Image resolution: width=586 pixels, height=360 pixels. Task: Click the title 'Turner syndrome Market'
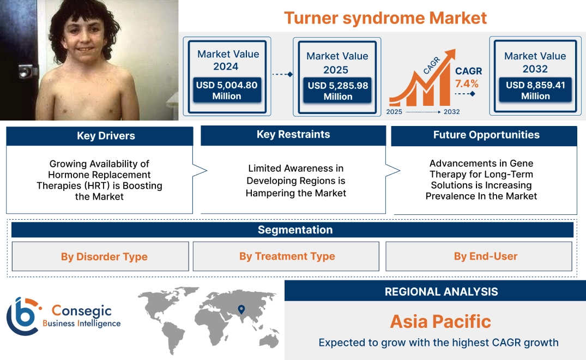[x=385, y=17]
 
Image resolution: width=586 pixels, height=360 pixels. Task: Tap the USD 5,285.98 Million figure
[x=337, y=91]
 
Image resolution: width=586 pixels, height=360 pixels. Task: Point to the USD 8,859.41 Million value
[x=535, y=91]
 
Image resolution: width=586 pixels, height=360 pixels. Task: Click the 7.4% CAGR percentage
[x=467, y=83]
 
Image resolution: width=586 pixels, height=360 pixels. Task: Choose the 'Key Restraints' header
[x=293, y=135]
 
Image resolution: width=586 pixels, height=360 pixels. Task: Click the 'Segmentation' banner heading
[x=295, y=230]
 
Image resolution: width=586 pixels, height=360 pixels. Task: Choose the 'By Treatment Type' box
[x=287, y=256]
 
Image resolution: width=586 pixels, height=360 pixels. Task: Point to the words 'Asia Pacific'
[x=440, y=321]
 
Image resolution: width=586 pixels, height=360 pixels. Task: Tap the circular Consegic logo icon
[x=23, y=316]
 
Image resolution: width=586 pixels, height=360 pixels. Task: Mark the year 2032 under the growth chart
[x=451, y=112]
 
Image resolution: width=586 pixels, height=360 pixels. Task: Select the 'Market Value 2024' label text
[x=228, y=60]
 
